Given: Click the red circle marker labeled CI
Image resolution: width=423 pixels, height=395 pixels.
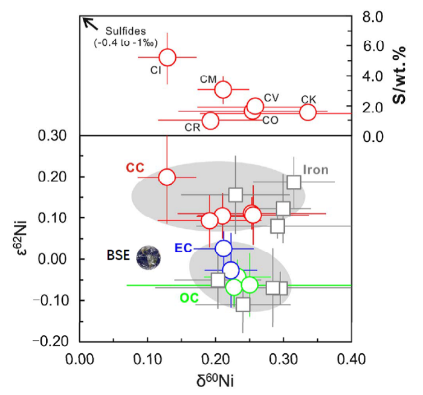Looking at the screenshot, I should (x=167, y=57).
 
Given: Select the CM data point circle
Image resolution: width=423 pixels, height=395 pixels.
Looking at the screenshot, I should (x=223, y=90).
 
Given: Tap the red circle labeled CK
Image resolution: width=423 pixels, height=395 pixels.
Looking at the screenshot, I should (x=308, y=112).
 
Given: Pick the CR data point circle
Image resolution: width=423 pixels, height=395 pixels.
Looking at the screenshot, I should (x=210, y=120).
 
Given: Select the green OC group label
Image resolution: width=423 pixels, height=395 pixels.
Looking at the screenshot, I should (x=189, y=298).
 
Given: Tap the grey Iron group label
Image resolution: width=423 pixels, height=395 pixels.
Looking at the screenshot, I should (x=315, y=170).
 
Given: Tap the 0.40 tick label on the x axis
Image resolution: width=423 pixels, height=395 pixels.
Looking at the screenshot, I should (x=351, y=361).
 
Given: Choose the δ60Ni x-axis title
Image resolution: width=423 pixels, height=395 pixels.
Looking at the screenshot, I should (x=215, y=381).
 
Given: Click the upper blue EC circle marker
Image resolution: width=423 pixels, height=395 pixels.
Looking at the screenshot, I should (x=223, y=248).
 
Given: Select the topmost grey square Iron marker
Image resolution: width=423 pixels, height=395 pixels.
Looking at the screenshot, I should (x=294, y=182).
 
